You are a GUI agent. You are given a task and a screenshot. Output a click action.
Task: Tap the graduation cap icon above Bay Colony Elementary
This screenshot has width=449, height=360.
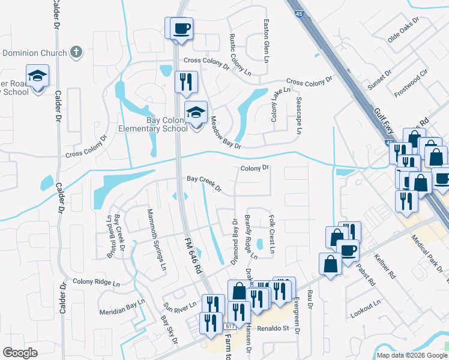196,112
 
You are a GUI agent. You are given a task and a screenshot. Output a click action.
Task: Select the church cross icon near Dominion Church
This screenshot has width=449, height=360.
76,52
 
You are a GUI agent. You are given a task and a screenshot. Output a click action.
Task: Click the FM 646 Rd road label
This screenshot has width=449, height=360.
191,251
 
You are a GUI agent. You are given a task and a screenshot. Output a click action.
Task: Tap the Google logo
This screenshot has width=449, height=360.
20,353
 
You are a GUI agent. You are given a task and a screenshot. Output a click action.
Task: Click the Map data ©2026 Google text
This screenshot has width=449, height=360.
411,355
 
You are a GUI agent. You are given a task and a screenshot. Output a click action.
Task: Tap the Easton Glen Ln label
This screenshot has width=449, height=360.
265,41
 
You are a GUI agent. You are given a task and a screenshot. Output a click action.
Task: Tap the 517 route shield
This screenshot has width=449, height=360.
230,326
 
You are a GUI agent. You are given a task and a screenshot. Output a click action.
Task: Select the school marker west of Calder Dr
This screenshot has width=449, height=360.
37,76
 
